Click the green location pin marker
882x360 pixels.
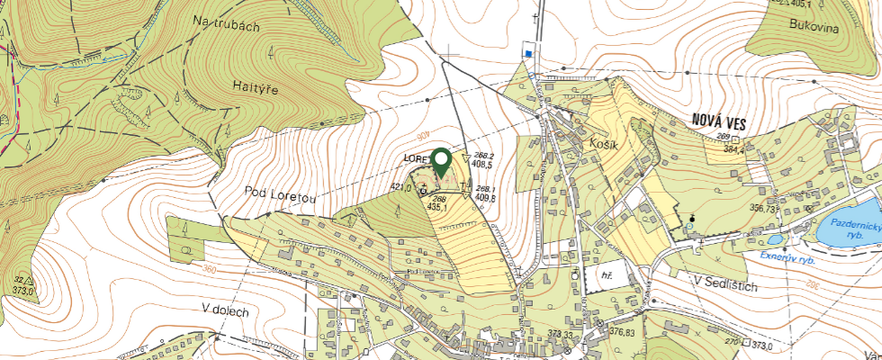441,162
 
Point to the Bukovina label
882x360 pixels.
814,28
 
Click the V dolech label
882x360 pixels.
225,309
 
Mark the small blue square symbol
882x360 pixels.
529,54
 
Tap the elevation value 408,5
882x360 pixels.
483,165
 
